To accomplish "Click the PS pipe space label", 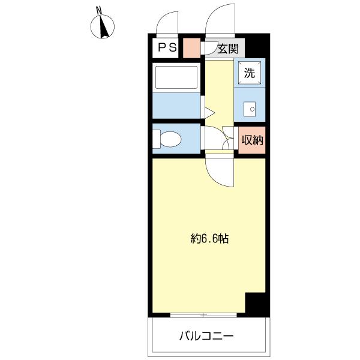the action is (167, 47).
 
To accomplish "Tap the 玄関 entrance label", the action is (228, 49).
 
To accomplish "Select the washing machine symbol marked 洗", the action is (250, 73).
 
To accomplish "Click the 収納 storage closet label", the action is (252, 140).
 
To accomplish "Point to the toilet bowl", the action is (170, 139).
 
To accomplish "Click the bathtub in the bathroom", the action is (176, 77).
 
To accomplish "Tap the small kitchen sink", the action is (250, 109).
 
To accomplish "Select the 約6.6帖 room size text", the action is (209, 239).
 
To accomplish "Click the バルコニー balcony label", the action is (206, 337).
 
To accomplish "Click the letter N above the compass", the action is (99, 10).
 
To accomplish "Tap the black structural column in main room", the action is (257, 305).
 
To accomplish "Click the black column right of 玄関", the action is (257, 46).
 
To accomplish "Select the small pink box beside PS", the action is (192, 48).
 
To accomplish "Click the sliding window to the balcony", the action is (203, 315).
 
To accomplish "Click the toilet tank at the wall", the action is (157, 139).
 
